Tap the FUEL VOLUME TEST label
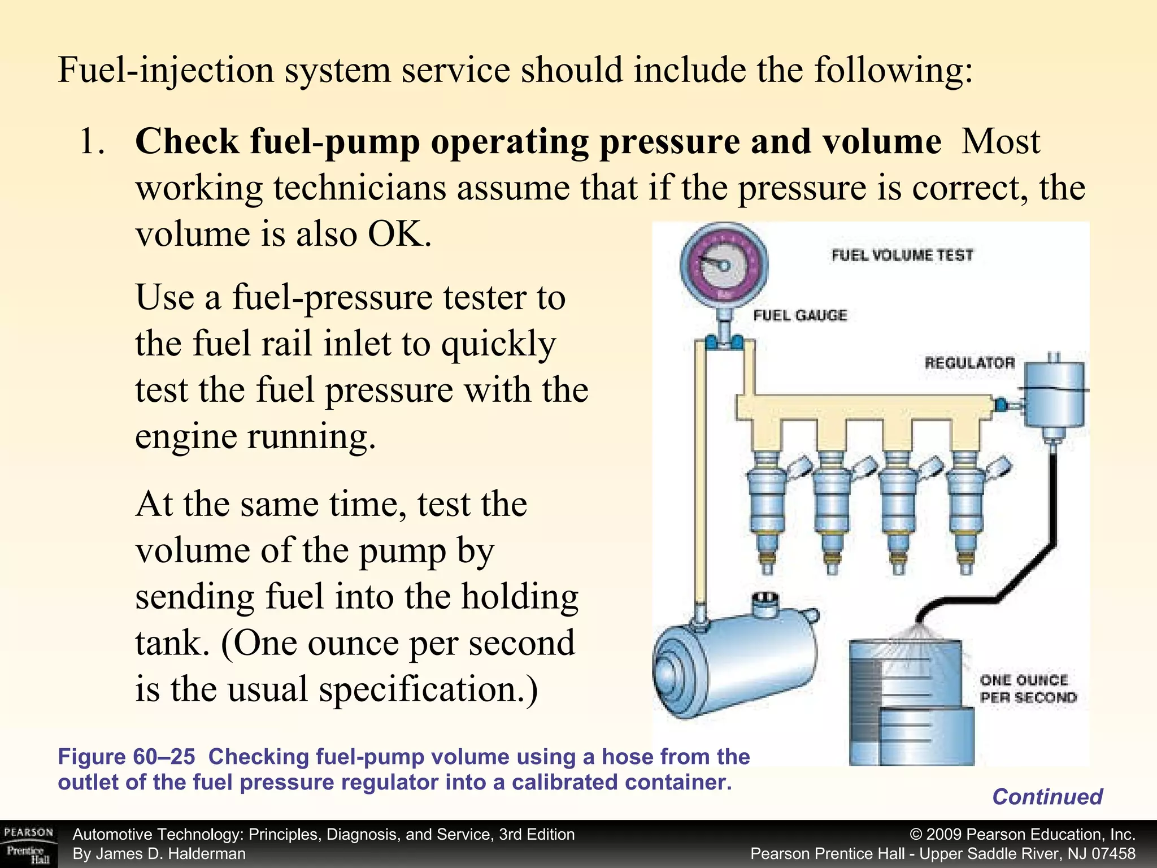(902, 255)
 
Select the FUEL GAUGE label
(800, 315)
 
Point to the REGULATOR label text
(969, 363)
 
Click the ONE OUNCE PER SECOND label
(1028, 689)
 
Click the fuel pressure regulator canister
(1054, 396)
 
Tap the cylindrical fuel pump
(734, 667)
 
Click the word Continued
(1047, 797)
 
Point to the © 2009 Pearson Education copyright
(1022, 835)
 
